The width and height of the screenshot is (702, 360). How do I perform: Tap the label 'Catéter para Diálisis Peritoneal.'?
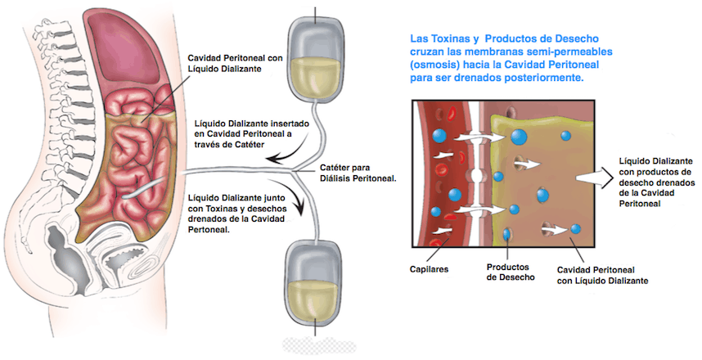tap(358, 173)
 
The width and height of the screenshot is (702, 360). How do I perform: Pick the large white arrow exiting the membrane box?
tap(592, 177)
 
